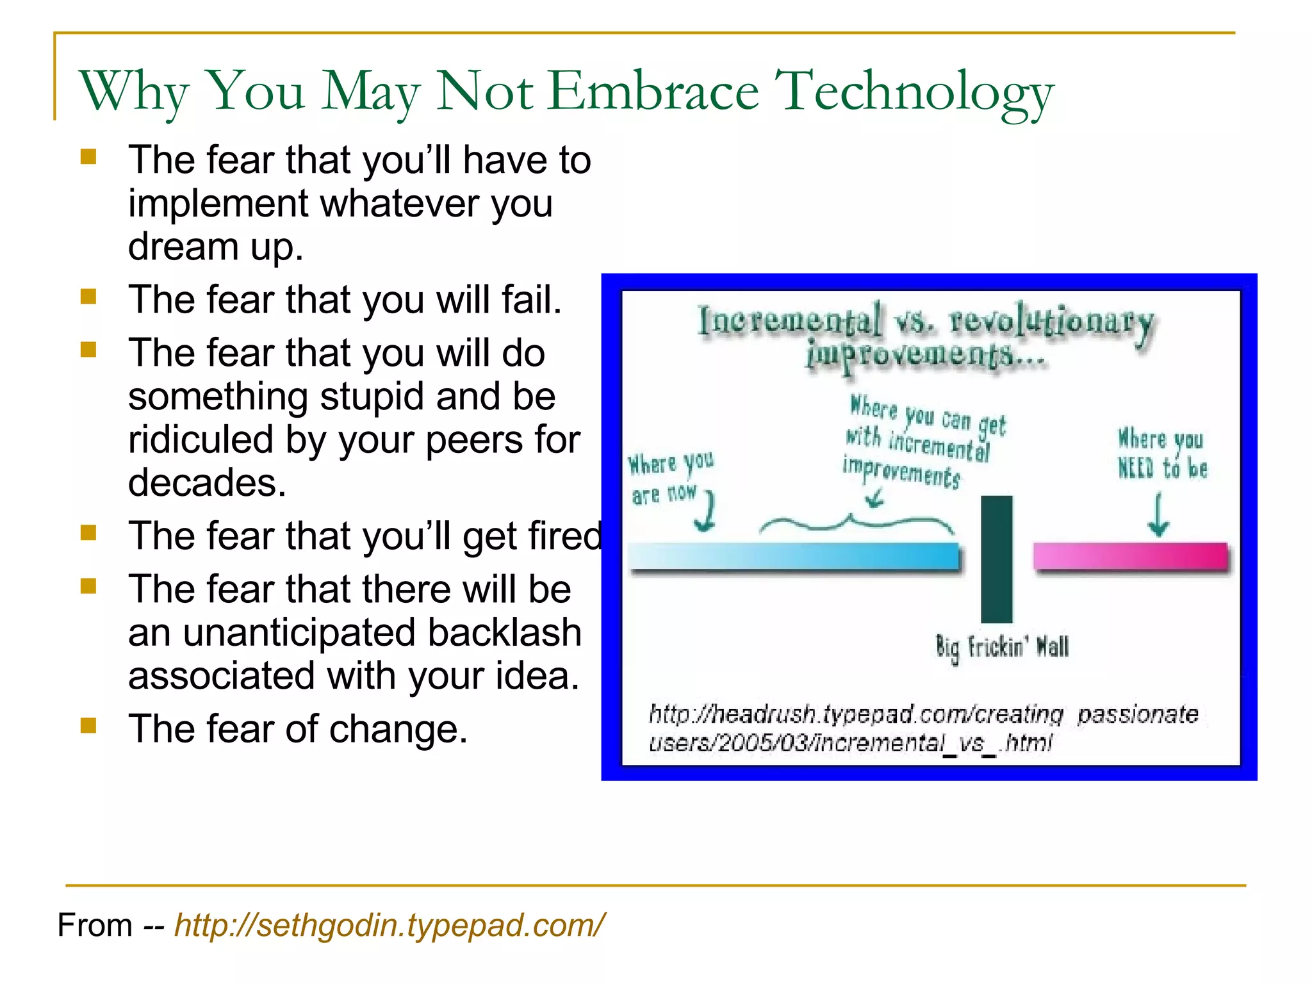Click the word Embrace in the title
(653, 92)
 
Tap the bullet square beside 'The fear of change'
(88, 725)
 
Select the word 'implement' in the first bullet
(218, 204)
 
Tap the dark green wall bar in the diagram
(997, 559)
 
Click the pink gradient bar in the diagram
(1131, 555)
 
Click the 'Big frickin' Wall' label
(1002, 648)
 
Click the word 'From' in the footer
(95, 926)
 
